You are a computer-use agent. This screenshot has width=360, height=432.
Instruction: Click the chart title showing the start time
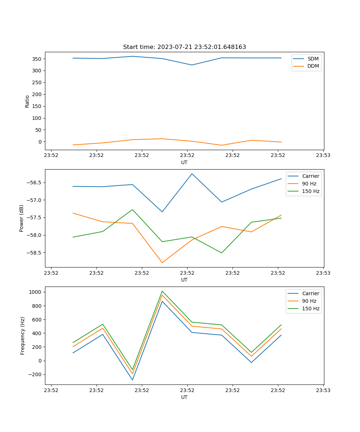(184, 47)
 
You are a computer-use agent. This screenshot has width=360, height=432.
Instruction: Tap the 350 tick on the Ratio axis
(37, 59)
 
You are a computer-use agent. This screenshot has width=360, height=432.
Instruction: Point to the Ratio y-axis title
(27, 101)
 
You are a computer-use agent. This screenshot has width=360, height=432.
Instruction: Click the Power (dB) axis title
(22, 218)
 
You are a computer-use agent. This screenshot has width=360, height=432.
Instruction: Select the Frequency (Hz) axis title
(23, 336)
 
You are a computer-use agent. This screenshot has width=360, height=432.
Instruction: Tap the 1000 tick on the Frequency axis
(36, 292)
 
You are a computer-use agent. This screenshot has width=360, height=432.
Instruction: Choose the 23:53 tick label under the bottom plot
(323, 390)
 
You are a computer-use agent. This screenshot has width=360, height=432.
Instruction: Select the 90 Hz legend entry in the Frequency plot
(309, 301)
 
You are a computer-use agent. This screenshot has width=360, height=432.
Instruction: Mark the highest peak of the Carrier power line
(192, 174)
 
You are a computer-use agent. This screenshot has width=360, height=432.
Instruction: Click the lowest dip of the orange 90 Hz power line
(162, 262)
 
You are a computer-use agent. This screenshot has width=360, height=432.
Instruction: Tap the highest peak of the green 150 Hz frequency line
(162, 291)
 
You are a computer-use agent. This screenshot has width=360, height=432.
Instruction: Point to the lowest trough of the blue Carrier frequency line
(132, 380)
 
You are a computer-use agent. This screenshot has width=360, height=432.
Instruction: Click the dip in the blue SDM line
(192, 65)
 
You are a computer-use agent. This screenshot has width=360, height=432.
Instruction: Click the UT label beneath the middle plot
(184, 280)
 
